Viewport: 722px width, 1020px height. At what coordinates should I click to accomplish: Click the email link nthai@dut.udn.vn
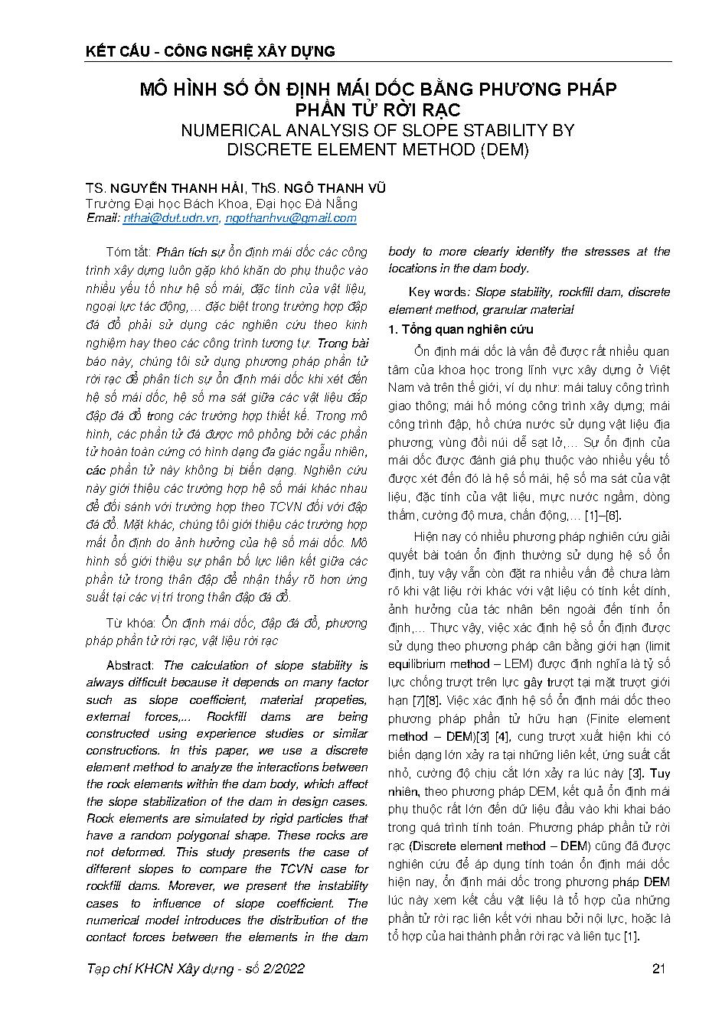(171, 218)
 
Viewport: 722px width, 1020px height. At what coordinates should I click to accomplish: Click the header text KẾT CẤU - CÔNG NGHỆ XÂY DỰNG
(211, 52)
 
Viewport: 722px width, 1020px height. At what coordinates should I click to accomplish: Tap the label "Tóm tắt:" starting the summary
(129, 253)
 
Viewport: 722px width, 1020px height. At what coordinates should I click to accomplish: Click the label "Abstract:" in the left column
(130, 666)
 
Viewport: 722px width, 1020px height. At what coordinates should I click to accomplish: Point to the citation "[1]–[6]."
(603, 517)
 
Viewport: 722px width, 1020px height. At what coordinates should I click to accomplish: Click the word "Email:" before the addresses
(103, 218)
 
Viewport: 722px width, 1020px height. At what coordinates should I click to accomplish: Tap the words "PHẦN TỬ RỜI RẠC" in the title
(377, 109)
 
